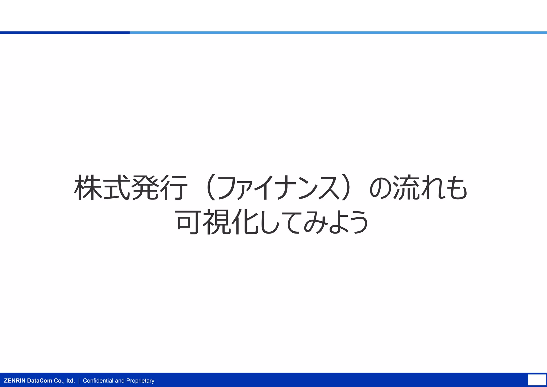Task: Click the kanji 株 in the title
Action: coord(88,188)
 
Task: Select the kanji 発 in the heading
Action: coord(144,188)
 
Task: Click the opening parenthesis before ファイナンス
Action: coord(211,188)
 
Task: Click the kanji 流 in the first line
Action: coord(406,188)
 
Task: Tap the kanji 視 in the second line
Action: coord(216,222)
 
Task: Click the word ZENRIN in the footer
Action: coord(15,381)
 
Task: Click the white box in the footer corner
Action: coord(537,380)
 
